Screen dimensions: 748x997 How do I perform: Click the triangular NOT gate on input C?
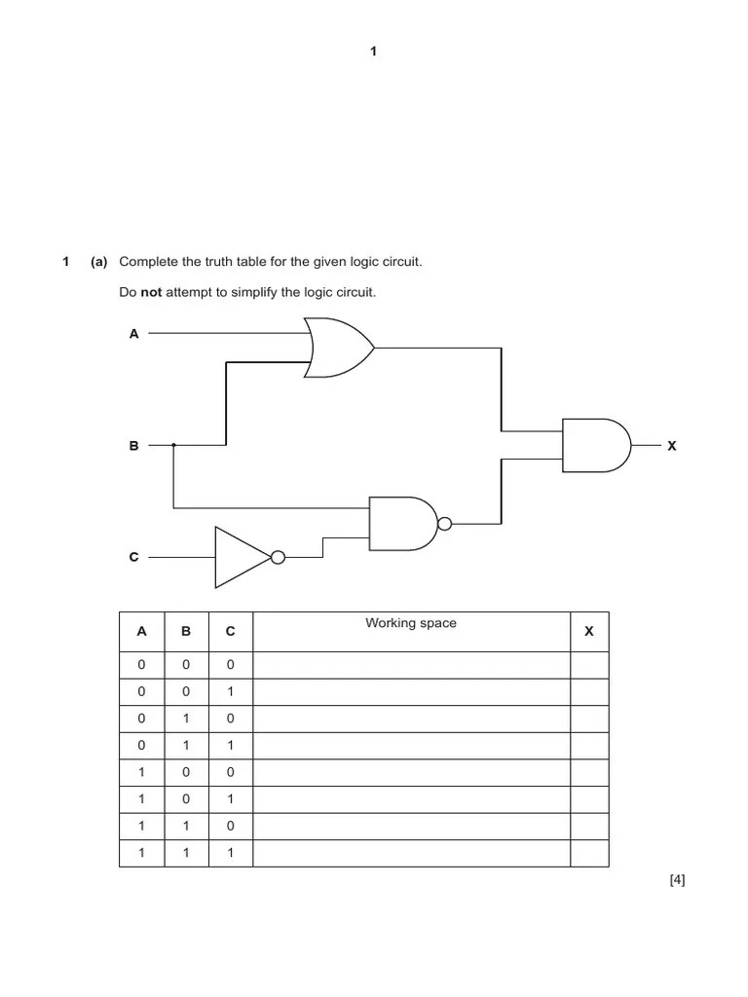click(x=242, y=558)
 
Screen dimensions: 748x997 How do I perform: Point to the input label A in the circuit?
click(x=134, y=334)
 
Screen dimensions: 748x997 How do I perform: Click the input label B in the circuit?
click(x=134, y=446)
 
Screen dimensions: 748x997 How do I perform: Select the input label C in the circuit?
click(x=134, y=558)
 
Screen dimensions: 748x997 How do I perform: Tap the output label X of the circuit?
click(x=671, y=446)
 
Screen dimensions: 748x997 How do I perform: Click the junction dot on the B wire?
click(x=173, y=445)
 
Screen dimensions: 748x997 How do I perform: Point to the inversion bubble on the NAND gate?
click(x=445, y=524)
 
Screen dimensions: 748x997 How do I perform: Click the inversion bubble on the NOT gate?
click(x=278, y=558)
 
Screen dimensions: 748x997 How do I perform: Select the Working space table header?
click(x=410, y=623)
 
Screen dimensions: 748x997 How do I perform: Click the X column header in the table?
click(x=588, y=632)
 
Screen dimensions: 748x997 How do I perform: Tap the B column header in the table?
click(x=186, y=632)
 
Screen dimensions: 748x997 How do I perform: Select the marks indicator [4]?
click(x=677, y=881)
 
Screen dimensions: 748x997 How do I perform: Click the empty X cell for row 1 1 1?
click(x=588, y=854)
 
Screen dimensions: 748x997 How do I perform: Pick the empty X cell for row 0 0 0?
click(x=588, y=665)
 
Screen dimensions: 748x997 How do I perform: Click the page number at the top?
click(x=373, y=52)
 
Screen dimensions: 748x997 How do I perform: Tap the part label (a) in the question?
click(x=98, y=262)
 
